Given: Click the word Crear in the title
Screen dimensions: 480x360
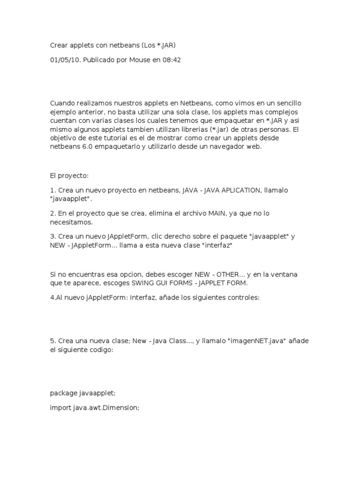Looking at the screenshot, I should (x=60, y=46).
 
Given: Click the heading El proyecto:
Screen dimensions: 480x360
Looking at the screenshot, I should (x=69, y=175).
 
